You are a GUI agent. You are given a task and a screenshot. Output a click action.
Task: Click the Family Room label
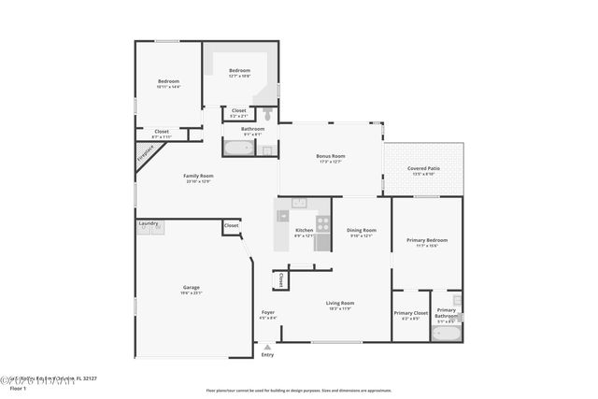click(198, 176)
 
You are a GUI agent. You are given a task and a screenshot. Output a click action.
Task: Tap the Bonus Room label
click(331, 156)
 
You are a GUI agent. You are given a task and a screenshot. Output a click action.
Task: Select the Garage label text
click(191, 287)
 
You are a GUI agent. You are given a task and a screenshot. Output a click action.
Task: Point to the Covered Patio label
click(423, 168)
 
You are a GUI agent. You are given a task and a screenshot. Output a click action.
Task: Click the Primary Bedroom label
click(427, 240)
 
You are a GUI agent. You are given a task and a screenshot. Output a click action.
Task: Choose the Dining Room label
click(362, 230)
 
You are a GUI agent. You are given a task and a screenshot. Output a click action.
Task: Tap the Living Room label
click(339, 303)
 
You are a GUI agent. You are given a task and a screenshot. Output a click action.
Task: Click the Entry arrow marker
click(267, 347)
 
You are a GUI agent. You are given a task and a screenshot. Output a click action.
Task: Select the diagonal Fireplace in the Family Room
click(148, 155)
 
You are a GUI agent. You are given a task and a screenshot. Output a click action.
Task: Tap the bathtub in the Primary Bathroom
click(446, 332)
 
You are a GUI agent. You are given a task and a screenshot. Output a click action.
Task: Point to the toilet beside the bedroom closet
click(267, 114)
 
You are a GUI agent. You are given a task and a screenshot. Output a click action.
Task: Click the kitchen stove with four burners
click(322, 223)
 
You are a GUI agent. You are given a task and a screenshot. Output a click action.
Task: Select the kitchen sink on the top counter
click(299, 202)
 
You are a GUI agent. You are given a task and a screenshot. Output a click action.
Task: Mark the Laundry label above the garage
click(148, 223)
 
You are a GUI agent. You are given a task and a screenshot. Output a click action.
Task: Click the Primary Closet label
click(410, 313)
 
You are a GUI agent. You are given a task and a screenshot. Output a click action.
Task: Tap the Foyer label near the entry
click(267, 312)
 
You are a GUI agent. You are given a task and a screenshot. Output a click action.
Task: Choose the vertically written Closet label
click(280, 279)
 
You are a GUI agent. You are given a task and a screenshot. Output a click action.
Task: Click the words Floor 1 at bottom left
click(17, 387)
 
